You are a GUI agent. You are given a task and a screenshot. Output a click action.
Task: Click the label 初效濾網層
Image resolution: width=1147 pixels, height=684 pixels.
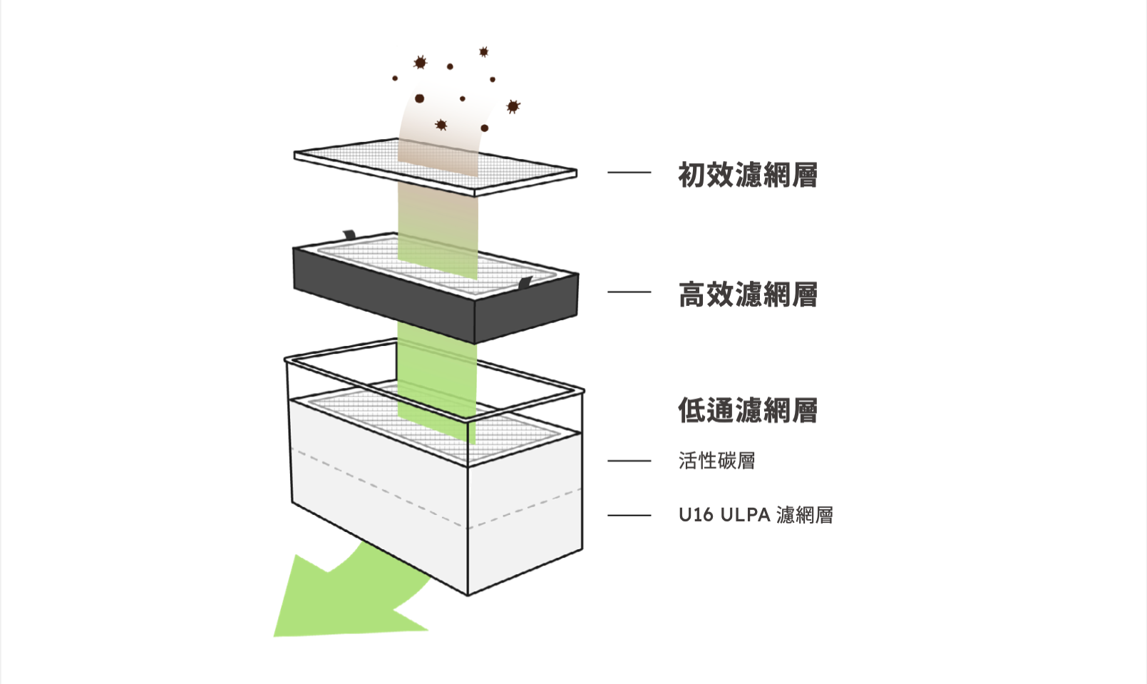pyautogui.click(x=748, y=175)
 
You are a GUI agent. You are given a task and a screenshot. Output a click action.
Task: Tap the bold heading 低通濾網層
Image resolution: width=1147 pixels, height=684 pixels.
pyautogui.click(x=748, y=410)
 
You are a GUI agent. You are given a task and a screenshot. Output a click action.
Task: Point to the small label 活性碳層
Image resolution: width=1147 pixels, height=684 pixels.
pyautogui.click(x=716, y=460)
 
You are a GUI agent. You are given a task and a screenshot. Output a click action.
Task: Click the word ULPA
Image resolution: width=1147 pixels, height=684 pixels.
pyautogui.click(x=745, y=514)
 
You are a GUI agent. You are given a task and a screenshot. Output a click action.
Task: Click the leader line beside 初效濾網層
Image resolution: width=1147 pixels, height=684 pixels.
pyautogui.click(x=629, y=173)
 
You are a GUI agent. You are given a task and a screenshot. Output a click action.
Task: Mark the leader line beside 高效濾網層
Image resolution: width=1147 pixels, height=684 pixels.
pyautogui.click(x=629, y=292)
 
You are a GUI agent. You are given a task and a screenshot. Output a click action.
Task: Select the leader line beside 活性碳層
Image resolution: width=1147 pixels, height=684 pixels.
pyautogui.click(x=629, y=461)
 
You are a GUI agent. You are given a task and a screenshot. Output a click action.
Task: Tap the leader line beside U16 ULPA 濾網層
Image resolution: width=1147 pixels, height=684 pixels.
pyautogui.click(x=629, y=515)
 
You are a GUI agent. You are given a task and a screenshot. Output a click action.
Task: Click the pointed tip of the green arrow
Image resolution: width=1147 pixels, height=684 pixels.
pyautogui.click(x=274, y=636)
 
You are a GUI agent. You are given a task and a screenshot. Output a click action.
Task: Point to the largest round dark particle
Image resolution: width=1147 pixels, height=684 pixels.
pyautogui.click(x=419, y=98)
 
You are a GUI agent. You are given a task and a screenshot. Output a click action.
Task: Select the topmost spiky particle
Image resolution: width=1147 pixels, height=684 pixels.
pyautogui.click(x=484, y=52)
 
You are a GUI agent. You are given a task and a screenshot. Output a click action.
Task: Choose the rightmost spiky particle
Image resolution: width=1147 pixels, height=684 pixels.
pyautogui.click(x=513, y=106)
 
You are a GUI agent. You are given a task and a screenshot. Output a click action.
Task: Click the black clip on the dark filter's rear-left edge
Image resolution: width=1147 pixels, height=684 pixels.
pyautogui.click(x=349, y=235)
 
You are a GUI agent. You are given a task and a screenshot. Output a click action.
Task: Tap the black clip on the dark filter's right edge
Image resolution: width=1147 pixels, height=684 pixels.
pyautogui.click(x=525, y=282)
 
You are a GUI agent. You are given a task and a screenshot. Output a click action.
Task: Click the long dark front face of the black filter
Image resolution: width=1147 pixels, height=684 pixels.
pyautogui.click(x=384, y=295)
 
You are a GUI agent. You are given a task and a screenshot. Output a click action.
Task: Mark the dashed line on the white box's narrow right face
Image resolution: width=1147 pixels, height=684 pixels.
pyautogui.click(x=525, y=509)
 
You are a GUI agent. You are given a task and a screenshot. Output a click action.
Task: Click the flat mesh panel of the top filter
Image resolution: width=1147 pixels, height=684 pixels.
pyautogui.click(x=436, y=165)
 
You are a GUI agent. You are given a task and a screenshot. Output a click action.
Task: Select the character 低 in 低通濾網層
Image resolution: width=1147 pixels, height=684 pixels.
pyautogui.click(x=691, y=410)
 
